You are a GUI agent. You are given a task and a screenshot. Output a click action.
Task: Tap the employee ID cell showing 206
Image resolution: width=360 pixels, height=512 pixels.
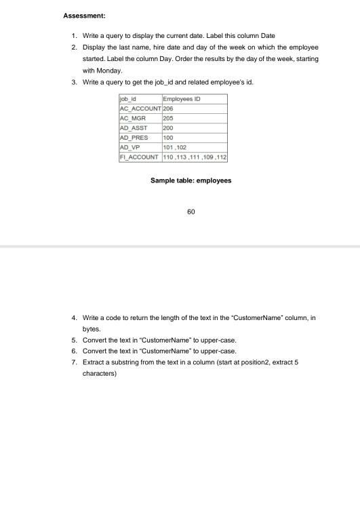click(169, 108)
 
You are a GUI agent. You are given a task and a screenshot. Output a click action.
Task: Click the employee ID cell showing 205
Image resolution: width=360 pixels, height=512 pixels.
click(169, 117)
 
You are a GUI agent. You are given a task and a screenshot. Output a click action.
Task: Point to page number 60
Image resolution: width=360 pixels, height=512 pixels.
click(191, 212)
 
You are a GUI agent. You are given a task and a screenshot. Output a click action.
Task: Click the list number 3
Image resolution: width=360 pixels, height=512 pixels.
click(73, 81)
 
